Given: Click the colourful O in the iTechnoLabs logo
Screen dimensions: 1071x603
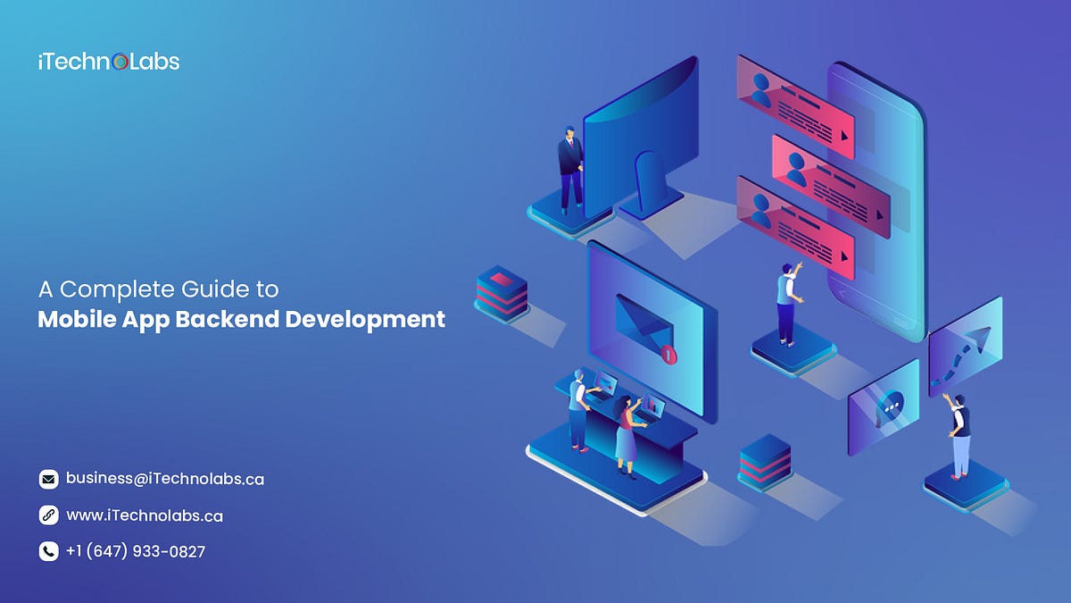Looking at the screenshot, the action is pos(120,62).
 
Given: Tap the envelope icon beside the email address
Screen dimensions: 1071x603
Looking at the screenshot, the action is pos(49,479).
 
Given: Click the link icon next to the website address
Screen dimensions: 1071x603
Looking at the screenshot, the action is pos(49,515).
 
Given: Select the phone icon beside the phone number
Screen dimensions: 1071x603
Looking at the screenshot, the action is pos(49,551).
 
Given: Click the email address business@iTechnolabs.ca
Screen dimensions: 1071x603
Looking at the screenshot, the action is pos(165,479).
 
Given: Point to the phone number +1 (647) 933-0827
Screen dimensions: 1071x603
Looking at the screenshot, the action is pos(136,551).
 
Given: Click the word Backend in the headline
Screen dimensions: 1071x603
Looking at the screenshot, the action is pos(227,319).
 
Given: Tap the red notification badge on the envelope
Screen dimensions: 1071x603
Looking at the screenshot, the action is pos(668,356).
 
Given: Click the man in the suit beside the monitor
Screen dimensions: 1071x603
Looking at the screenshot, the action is pos(570,169).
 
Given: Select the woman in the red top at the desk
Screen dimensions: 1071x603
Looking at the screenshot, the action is pos(627,437).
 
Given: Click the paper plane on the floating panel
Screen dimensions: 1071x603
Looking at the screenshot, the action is pos(980,339).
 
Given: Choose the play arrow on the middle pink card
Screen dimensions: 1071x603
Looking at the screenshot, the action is pos(880,215).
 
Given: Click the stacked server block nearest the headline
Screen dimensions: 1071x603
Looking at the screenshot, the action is pos(502,293).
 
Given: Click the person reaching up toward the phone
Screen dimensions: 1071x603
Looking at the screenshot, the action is pos(787,304).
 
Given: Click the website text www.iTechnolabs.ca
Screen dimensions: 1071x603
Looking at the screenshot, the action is pos(145,515).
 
